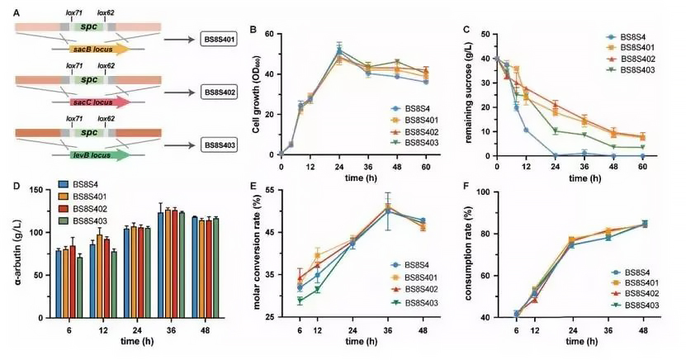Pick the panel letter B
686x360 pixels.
click(x=254, y=30)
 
